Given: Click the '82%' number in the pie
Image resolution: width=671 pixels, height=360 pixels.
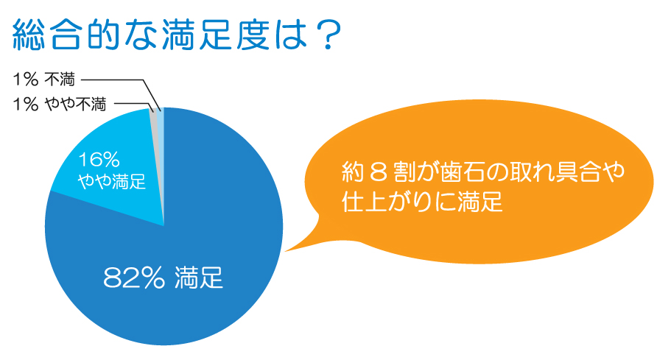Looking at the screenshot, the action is point(134,278).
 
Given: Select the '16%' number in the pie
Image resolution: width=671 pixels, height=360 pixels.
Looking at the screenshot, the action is point(99,160).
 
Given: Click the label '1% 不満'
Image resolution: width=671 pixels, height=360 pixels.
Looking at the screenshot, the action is point(43,79).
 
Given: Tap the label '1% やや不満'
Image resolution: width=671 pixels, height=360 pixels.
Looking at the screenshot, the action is point(60,104).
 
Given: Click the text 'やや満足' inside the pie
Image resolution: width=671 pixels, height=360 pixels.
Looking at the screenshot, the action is point(112,181).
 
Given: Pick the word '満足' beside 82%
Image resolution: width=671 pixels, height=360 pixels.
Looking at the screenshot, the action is point(199,278).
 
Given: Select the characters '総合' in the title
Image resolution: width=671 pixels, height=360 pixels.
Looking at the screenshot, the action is point(47,35).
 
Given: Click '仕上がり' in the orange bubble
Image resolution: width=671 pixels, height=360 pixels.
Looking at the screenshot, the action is point(384,201).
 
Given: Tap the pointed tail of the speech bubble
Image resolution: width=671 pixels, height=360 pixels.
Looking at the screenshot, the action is point(286,251).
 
